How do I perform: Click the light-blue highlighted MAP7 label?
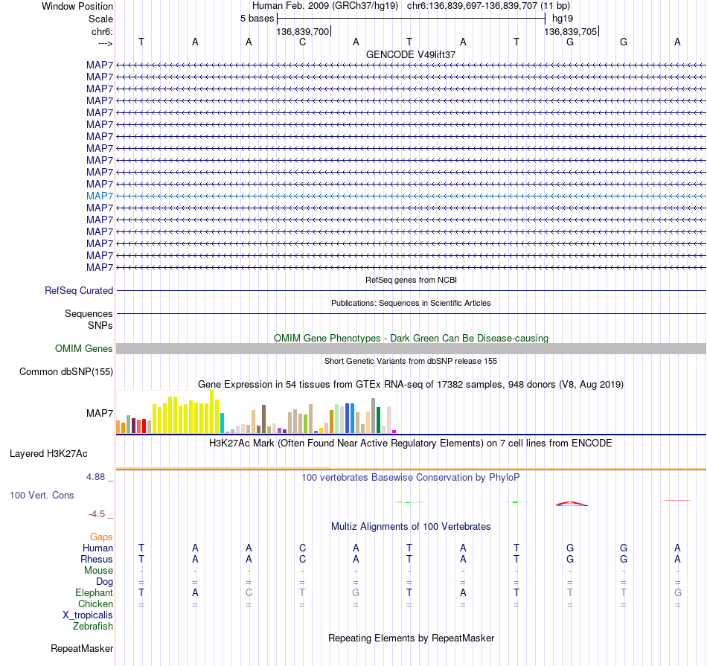click(100, 196)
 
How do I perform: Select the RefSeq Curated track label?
click(79, 290)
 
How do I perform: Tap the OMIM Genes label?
click(84, 348)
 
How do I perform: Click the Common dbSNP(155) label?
click(66, 371)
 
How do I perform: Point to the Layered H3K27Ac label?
click(48, 454)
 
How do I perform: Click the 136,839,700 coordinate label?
click(303, 31)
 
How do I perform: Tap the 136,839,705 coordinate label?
click(570, 31)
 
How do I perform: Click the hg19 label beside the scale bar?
click(563, 19)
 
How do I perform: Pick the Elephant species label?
click(95, 592)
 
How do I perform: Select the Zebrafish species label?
click(93, 626)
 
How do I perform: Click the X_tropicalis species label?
click(88, 615)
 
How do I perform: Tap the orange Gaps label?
click(101, 537)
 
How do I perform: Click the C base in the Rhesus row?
click(303, 559)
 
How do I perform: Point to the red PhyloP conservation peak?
click(572, 503)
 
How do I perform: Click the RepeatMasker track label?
click(82, 648)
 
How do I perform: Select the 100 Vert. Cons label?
click(42, 495)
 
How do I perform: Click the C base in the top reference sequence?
click(303, 42)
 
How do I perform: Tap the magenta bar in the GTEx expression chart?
click(394, 432)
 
